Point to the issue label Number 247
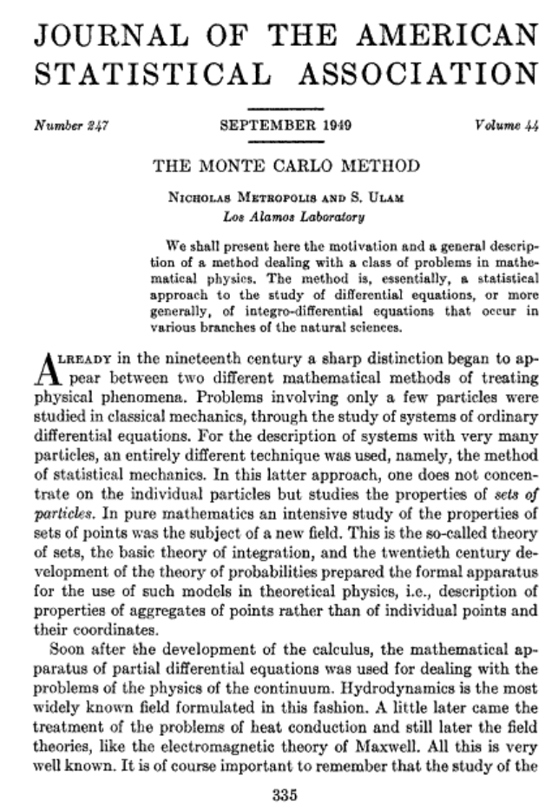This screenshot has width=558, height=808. tap(69, 128)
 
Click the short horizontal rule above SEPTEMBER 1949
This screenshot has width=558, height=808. tap(279, 107)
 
